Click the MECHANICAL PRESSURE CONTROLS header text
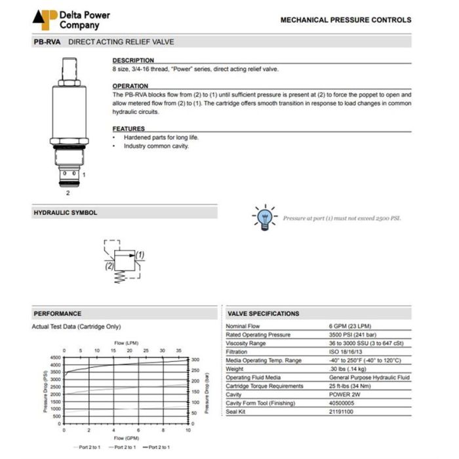[346, 20]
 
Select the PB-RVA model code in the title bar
[47, 42]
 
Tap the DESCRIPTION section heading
[133, 60]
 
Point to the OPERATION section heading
[130, 86]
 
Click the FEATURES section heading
[129, 129]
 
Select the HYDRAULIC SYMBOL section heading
[66, 212]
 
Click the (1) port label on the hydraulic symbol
[140, 254]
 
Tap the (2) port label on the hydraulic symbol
[109, 266]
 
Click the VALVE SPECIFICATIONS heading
[264, 313]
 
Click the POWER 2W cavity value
[345, 394]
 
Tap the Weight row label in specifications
[235, 369]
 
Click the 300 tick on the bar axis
[195, 360]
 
